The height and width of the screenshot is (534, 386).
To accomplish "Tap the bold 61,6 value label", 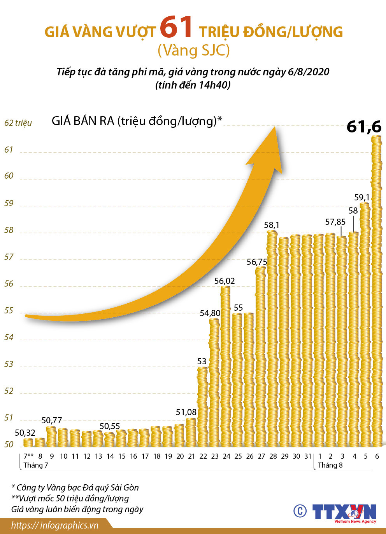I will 364,127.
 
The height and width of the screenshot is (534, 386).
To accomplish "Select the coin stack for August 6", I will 377,291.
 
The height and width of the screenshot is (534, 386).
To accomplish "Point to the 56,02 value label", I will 225,281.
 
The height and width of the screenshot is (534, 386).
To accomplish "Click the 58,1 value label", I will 272,225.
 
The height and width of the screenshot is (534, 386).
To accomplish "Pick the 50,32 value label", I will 25,433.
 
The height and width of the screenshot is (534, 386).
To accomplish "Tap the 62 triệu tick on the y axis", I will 18,123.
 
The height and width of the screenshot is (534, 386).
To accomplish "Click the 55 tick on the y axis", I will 9,311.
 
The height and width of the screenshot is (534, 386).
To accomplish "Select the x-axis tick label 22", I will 203,456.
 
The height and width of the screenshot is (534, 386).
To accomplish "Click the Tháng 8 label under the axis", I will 330,465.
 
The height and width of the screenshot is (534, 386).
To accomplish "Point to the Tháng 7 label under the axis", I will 36,465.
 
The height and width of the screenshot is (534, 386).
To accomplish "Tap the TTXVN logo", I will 344,513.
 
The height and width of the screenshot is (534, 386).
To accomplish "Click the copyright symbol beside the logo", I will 300,511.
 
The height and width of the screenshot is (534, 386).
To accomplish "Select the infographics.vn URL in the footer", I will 54,525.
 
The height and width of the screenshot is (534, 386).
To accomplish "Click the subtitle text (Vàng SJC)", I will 193,50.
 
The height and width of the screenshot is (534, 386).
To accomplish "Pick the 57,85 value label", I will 335,222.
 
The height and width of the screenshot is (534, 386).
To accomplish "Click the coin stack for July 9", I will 52,437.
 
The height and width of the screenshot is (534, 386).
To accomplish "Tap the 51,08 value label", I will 186,412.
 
